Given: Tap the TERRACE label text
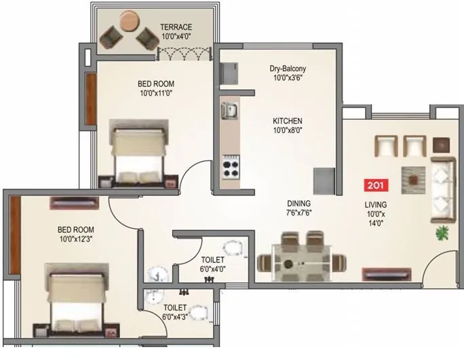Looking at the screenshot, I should point(176,27).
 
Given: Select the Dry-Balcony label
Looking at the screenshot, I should point(288,68).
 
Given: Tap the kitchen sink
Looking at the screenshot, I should point(229,108).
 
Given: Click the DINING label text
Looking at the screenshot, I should point(298,203).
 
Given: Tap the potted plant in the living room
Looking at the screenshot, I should point(442,234).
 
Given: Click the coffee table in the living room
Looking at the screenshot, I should point(413,178).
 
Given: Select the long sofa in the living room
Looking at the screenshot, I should point(442,189).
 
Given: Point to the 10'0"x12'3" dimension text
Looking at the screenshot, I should point(75,239).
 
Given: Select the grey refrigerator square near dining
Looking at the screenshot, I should point(324,180).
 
